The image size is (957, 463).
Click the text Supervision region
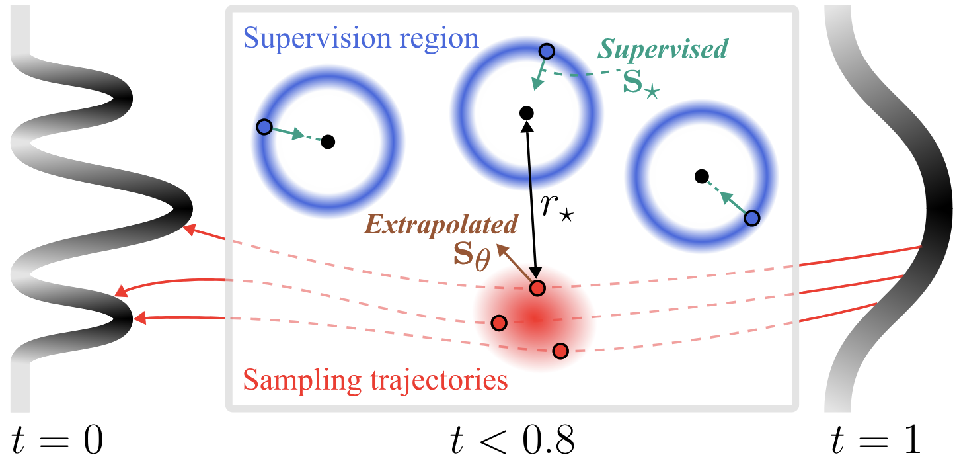click(361, 38)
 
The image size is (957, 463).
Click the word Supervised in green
click(663, 49)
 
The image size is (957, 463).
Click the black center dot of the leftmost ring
click(328, 141)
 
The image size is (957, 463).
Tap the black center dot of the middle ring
click(527, 112)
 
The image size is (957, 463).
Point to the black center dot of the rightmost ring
click(702, 176)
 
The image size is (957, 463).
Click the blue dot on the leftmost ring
click(264, 126)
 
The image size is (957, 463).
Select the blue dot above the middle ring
click(547, 51)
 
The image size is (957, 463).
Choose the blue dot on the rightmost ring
click(751, 218)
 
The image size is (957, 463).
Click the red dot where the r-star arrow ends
click(537, 288)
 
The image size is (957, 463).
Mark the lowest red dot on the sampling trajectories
click(560, 351)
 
